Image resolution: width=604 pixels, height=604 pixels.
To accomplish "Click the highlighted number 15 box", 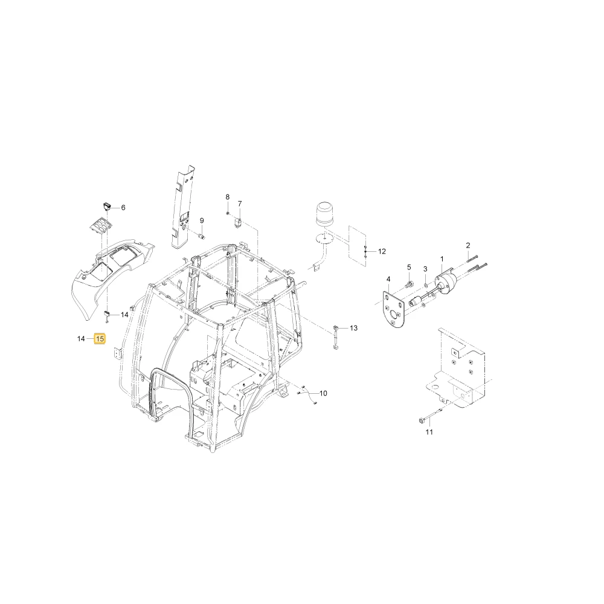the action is pos(100,339).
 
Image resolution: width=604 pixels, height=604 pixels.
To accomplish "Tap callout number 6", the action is pos(123,208).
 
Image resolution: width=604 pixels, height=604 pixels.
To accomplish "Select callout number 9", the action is pos(202,220).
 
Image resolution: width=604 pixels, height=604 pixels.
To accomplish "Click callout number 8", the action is pos(227,197).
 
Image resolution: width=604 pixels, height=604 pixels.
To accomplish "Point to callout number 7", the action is pos(240,204).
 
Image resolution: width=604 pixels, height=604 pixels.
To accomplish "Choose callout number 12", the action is pos(382,251).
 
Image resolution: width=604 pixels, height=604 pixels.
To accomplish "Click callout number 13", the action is pos(353,328).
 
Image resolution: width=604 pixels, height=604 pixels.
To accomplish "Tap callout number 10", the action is pos(323,393).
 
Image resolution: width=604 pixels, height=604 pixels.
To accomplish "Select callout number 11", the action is pos(429,432).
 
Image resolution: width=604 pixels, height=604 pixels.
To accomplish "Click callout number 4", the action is pos(388,279).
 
